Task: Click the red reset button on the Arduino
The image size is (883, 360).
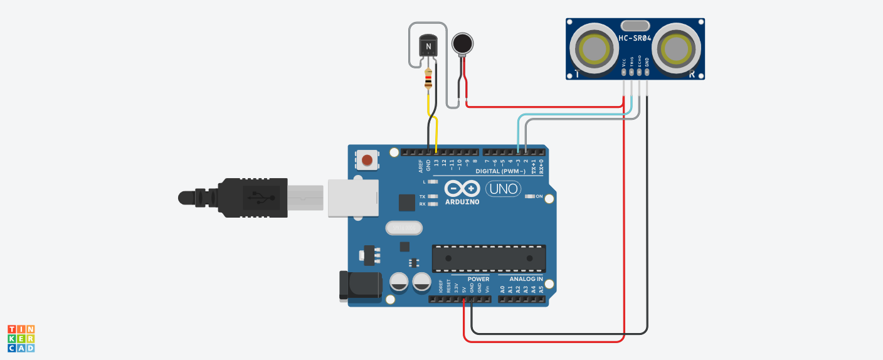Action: point(367,161)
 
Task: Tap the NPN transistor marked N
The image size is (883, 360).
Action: point(428,46)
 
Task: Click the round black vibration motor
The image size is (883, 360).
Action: point(463,43)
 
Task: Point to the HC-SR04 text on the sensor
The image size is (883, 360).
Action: point(635,38)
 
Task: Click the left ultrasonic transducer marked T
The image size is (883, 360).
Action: point(593,48)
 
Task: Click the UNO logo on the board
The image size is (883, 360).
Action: point(503,188)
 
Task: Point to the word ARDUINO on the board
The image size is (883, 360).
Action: point(462,202)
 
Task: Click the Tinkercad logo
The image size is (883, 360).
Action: point(21,338)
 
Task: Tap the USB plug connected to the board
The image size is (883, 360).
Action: point(251,198)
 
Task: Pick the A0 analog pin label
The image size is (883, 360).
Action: point(502,290)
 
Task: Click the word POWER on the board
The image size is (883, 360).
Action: point(479,279)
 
